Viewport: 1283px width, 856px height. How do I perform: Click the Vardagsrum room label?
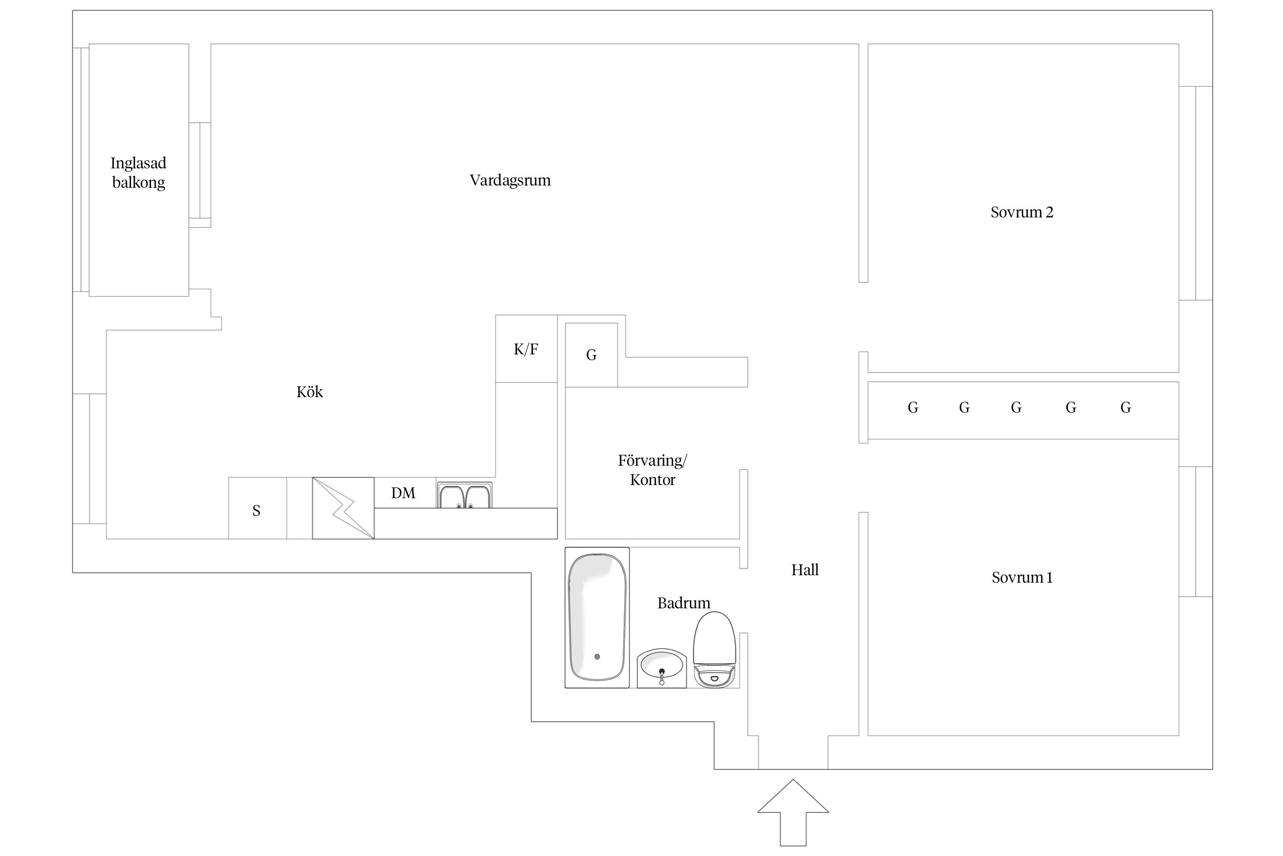pos(510,180)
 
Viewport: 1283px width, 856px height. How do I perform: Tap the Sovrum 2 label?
pos(1022,212)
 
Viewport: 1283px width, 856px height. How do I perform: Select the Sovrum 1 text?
pos(1022,578)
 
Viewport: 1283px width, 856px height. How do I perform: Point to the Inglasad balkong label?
pos(139,172)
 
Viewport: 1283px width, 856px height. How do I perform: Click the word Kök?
pos(310,391)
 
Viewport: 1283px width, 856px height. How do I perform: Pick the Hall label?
pos(805,570)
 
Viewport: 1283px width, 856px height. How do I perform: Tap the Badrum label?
pos(684,603)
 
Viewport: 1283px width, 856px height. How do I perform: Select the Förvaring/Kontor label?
pos(652,470)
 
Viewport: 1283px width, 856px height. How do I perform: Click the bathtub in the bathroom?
pos(597,617)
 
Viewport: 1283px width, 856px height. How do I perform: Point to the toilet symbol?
pos(714,649)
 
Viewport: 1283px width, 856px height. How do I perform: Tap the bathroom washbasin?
pos(661,668)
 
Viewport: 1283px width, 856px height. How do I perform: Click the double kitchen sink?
pos(465,495)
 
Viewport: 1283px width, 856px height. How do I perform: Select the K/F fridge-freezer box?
pos(526,349)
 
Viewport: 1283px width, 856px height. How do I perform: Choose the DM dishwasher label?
pos(403,493)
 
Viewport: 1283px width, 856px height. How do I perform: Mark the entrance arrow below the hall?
pos(793,813)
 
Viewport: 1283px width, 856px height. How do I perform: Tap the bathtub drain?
pos(597,657)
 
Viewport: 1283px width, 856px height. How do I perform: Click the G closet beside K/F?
pos(591,355)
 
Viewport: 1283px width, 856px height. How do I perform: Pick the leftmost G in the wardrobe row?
pos(913,407)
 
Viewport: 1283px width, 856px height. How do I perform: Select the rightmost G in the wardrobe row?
pos(1126,407)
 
